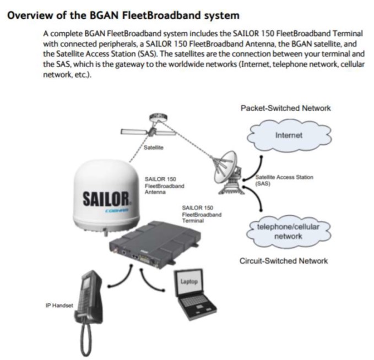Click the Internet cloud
click(289, 135)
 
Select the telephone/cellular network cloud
click(288, 233)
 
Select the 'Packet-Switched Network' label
click(285, 108)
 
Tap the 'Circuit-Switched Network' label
click(284, 260)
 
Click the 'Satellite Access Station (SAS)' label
click(285, 180)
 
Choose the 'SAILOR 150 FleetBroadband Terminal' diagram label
click(202, 214)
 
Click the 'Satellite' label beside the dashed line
click(152, 148)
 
